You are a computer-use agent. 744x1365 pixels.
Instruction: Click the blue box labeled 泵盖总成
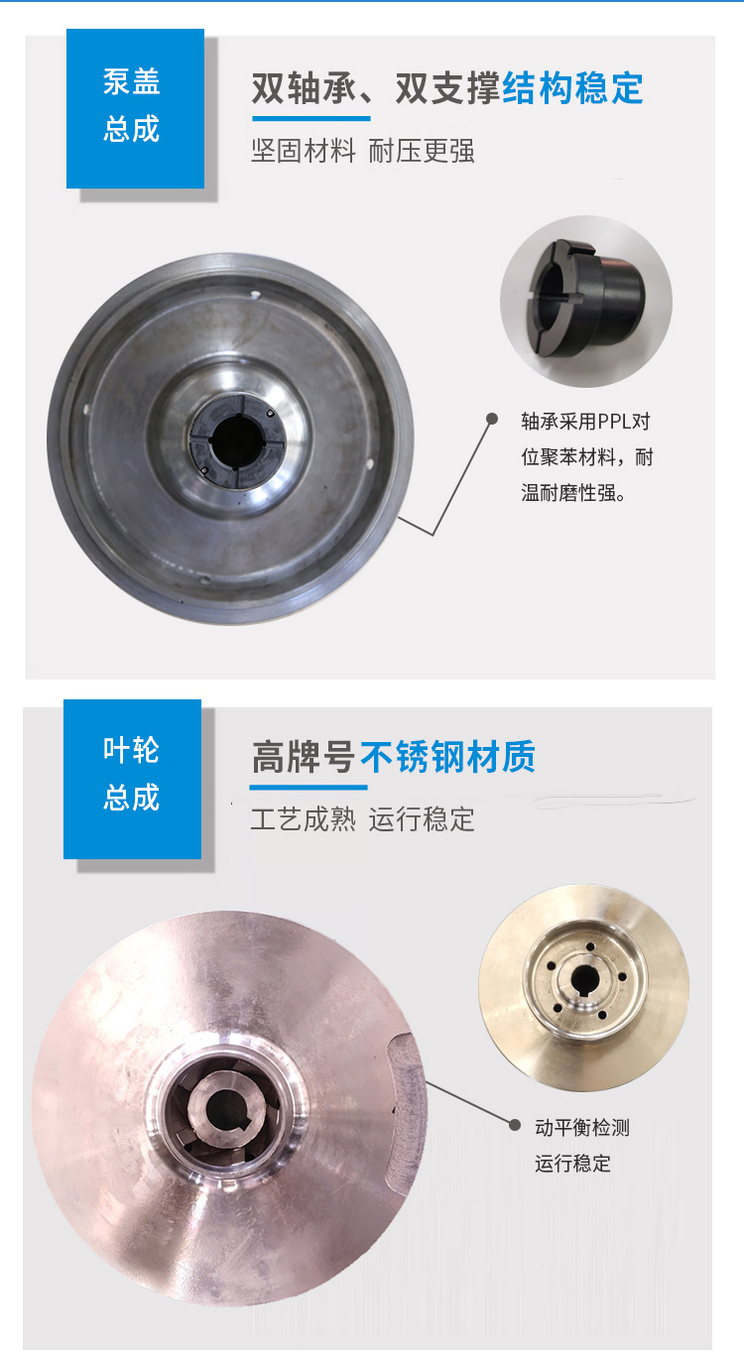[x=135, y=108]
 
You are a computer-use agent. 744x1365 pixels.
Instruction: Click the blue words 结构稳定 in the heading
[x=573, y=88]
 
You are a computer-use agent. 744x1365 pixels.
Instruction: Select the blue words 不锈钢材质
[x=447, y=758]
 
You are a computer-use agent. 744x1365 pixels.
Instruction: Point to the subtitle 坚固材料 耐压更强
[x=363, y=152]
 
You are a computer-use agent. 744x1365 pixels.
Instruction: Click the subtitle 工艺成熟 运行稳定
[x=363, y=819]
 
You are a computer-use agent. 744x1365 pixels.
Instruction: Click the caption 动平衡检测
[x=582, y=1127]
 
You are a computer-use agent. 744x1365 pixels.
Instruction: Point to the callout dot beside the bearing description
[x=492, y=420]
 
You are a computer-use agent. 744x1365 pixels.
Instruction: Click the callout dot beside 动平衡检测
[x=514, y=1125]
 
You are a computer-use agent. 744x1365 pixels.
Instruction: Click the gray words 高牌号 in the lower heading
[x=304, y=758]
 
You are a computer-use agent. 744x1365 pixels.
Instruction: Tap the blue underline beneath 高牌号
[x=309, y=787]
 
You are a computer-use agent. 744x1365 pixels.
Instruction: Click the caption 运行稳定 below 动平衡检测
[x=573, y=1164]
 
